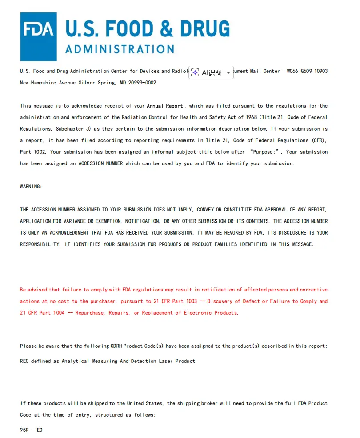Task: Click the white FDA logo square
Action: coord(38,37)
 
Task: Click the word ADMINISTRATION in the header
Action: coord(120,49)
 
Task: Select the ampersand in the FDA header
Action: coord(166,28)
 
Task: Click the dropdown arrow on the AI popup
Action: coord(228,72)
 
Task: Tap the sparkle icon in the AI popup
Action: coord(195,72)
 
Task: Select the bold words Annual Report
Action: coord(165,106)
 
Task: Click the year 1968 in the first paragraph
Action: coord(263,117)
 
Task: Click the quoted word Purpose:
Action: coord(266,152)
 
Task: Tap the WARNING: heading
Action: coord(31,187)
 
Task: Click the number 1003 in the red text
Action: coord(191,301)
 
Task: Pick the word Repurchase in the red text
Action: coord(90,313)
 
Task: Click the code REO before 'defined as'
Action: coord(24,361)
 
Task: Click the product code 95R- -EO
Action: coord(31,430)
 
